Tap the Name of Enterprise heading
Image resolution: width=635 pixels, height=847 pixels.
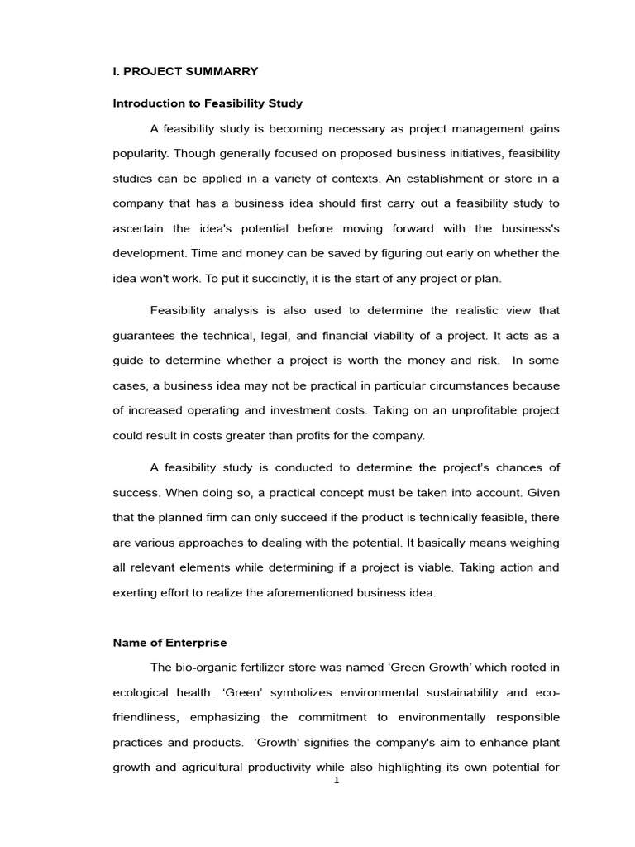tap(169, 643)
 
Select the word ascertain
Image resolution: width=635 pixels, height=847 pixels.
tap(137, 229)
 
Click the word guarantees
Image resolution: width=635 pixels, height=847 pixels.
tap(146, 336)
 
